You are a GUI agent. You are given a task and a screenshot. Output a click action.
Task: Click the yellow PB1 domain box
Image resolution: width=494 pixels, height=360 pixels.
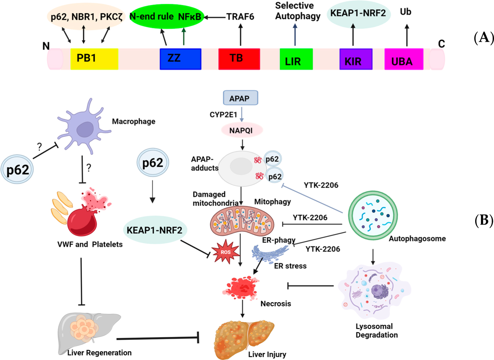click(94, 59)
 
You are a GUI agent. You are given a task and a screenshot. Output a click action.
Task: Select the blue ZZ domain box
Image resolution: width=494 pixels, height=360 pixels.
click(180, 59)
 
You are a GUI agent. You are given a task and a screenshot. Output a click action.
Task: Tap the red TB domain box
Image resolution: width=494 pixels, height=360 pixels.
click(239, 59)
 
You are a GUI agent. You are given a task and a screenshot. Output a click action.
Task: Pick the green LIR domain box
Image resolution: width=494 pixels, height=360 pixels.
click(296, 59)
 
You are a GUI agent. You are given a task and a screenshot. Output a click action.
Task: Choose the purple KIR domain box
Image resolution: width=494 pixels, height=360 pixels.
click(356, 59)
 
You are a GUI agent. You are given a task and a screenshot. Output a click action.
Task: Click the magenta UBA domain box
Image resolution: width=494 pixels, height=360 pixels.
click(404, 59)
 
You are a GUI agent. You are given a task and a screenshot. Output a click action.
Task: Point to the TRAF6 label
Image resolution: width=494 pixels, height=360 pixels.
click(240, 17)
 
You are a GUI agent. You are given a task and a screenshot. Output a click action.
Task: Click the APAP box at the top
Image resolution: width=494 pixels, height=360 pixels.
click(240, 98)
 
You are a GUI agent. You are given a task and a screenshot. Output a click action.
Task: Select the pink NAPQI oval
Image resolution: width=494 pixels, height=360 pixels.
click(241, 131)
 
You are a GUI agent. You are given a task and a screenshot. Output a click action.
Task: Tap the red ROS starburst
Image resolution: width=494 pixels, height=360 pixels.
click(225, 251)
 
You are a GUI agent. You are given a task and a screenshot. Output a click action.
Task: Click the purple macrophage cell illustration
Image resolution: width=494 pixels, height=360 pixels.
click(84, 126)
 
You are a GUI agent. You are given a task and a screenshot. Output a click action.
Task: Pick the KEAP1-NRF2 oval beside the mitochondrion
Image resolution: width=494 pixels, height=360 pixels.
click(155, 230)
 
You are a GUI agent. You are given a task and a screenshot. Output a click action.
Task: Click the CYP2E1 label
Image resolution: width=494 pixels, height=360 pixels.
click(223, 115)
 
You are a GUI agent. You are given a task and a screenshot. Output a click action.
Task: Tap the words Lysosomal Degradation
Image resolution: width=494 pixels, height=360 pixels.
click(377, 331)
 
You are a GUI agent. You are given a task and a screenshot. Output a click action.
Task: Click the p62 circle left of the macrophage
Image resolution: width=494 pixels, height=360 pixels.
click(17, 169)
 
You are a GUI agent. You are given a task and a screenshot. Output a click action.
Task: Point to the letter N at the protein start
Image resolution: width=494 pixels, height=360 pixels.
click(46, 46)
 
